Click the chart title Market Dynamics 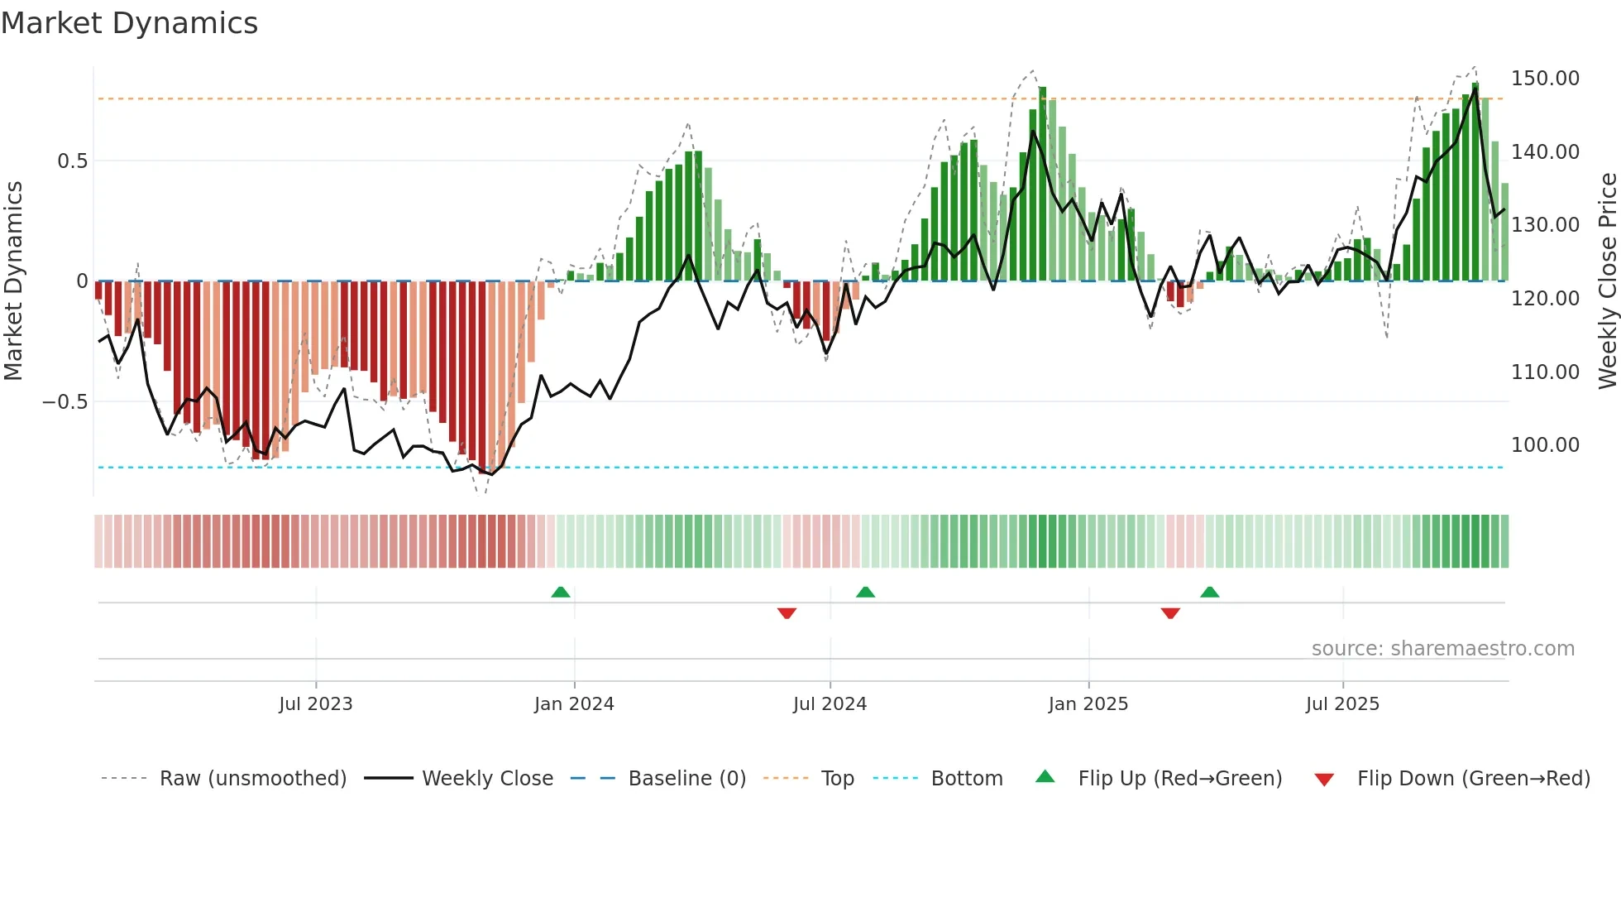[130, 23]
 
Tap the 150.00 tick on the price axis [1545, 79]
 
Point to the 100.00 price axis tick [1545, 445]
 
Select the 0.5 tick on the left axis [73, 161]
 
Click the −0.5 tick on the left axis [65, 402]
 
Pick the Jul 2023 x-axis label [316, 704]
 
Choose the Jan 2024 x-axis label [574, 704]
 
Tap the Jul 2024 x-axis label [830, 704]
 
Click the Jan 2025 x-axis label [1088, 704]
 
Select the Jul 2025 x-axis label [1342, 704]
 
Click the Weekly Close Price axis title [1607, 281]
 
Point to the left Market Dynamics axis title [13, 281]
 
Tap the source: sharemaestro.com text [1442, 649]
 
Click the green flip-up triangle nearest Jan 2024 [561, 592]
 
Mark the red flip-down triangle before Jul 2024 [787, 613]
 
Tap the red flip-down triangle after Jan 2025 [1170, 613]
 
